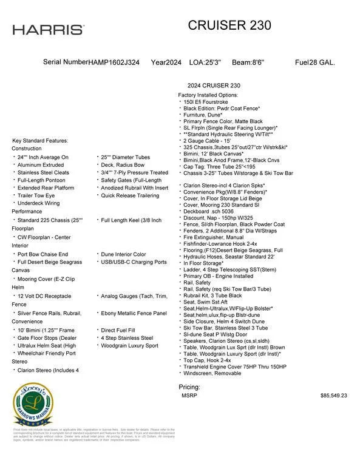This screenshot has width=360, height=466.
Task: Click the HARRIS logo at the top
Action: coord(48,29)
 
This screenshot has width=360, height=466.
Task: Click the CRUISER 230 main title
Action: coord(229,25)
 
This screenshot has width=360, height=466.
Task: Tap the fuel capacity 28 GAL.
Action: coord(323,62)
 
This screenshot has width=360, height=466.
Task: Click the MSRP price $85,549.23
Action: coord(333,395)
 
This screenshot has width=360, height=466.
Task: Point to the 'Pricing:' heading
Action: coord(189,387)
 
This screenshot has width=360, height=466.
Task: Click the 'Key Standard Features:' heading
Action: coord(40,141)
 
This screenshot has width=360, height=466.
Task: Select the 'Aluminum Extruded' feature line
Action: coord(41,164)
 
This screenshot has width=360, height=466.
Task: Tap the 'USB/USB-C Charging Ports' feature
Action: coord(134,262)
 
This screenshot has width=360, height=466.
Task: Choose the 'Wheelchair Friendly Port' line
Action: coord(47,353)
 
